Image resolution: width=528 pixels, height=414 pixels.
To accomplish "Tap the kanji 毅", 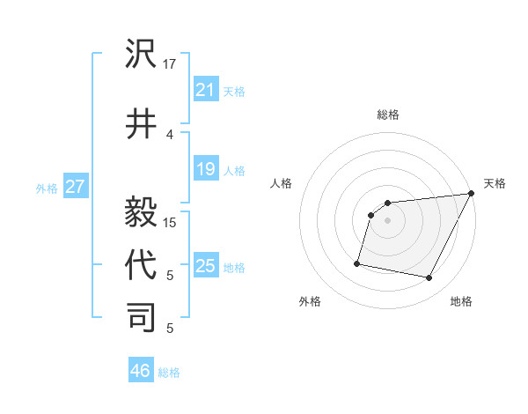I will click(142, 210).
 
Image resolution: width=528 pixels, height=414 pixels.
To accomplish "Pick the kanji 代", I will click(142, 263).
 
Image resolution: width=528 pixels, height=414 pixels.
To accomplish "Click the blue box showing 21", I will click(205, 90).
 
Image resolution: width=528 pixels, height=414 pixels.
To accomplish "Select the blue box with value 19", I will click(205, 170).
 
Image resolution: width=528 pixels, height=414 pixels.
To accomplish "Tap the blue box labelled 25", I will click(205, 266).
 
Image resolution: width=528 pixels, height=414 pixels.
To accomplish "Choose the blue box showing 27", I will click(75, 187).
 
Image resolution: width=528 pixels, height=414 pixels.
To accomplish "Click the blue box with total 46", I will click(140, 371).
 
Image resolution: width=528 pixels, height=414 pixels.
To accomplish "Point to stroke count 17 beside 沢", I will click(170, 64).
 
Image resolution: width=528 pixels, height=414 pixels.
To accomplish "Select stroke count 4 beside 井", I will click(170, 134).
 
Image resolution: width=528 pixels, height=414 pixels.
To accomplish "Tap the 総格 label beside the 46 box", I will click(170, 373).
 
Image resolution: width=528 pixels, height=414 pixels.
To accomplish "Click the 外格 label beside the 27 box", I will click(47, 188).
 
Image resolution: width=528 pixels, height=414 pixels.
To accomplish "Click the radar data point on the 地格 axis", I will click(429, 278).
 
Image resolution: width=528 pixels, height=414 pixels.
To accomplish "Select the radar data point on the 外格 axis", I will click(357, 262).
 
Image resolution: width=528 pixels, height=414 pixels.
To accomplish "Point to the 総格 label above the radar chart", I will click(387, 115).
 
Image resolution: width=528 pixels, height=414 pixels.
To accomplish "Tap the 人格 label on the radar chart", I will click(282, 183).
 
